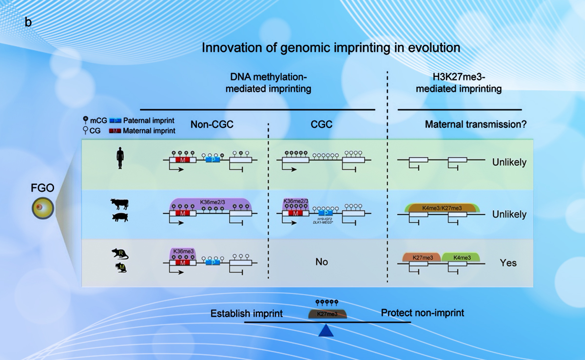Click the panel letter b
[x=28, y=23]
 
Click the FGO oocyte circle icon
[x=42, y=209]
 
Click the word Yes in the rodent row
[x=508, y=263]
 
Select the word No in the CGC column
[x=321, y=262]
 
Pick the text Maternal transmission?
[x=475, y=124]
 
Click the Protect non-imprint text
[x=422, y=313]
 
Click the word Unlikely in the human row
[x=509, y=162]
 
